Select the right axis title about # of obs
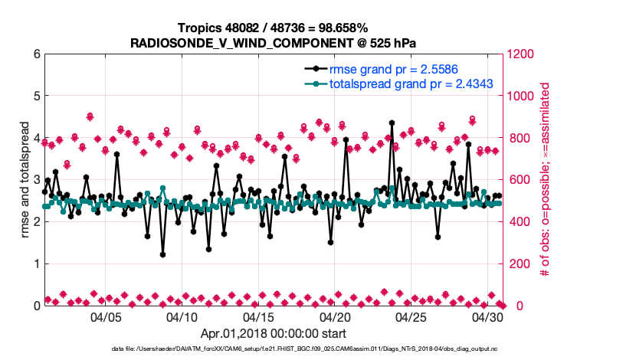pos(546,180)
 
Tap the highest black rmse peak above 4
pos(392,123)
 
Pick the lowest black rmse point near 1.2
pos(162,254)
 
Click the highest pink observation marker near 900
pos(90,116)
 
